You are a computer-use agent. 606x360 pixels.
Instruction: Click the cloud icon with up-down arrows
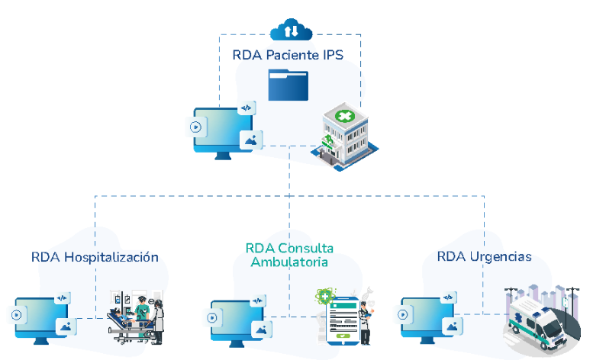pyautogui.click(x=291, y=31)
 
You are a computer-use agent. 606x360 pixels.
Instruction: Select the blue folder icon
pyautogui.click(x=288, y=85)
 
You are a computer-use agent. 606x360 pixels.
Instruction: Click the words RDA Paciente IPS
pyautogui.click(x=288, y=55)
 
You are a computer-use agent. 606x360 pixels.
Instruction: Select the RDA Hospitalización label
pyautogui.click(x=95, y=257)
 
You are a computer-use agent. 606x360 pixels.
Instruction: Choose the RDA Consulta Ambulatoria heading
pyautogui.click(x=289, y=255)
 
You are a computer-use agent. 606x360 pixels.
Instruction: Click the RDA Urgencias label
pyautogui.click(x=484, y=256)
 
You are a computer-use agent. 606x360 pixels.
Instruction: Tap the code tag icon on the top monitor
pyautogui.click(x=246, y=108)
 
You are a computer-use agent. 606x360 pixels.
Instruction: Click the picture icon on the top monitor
pyautogui.click(x=251, y=140)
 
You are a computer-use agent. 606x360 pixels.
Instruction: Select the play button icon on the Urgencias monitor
pyautogui.click(x=403, y=313)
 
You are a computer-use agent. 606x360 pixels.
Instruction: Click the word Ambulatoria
pyautogui.click(x=289, y=262)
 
